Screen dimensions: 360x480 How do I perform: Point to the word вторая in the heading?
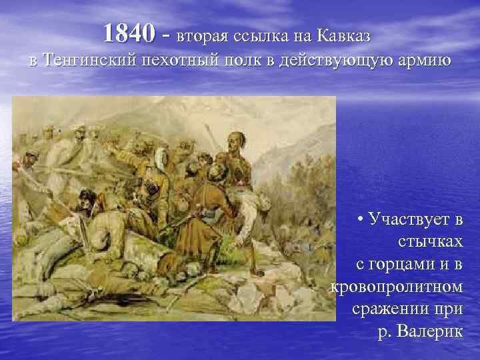tap(198, 33)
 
